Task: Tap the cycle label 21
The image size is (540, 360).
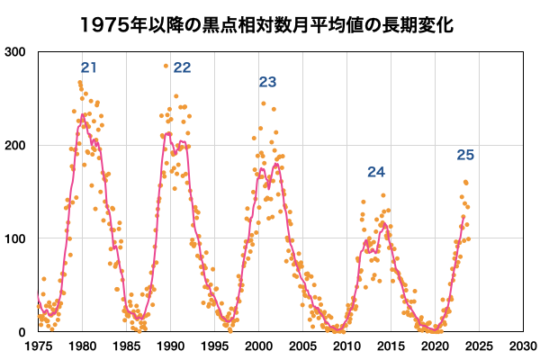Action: [88, 67]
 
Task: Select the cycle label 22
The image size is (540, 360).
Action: [182, 67]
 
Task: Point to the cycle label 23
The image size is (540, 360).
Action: [267, 82]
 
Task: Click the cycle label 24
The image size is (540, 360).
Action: [376, 172]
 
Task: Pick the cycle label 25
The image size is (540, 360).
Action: [464, 156]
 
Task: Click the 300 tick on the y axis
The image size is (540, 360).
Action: [14, 52]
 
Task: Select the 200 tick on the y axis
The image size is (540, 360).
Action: [14, 146]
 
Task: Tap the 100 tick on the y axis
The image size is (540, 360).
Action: [14, 238]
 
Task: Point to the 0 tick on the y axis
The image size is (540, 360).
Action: [21, 332]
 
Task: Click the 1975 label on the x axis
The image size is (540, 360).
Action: [39, 346]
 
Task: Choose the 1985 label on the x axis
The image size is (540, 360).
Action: [126, 346]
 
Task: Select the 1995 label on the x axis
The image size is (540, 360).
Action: [214, 346]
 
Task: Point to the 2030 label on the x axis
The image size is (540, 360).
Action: [522, 346]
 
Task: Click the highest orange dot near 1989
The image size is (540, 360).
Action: [166, 66]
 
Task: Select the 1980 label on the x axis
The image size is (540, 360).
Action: [83, 346]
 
